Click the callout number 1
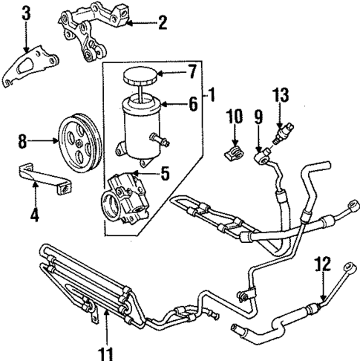[x=211, y=94]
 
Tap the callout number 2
[x=162, y=24]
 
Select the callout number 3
[x=27, y=13]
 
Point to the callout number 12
[x=321, y=263]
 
